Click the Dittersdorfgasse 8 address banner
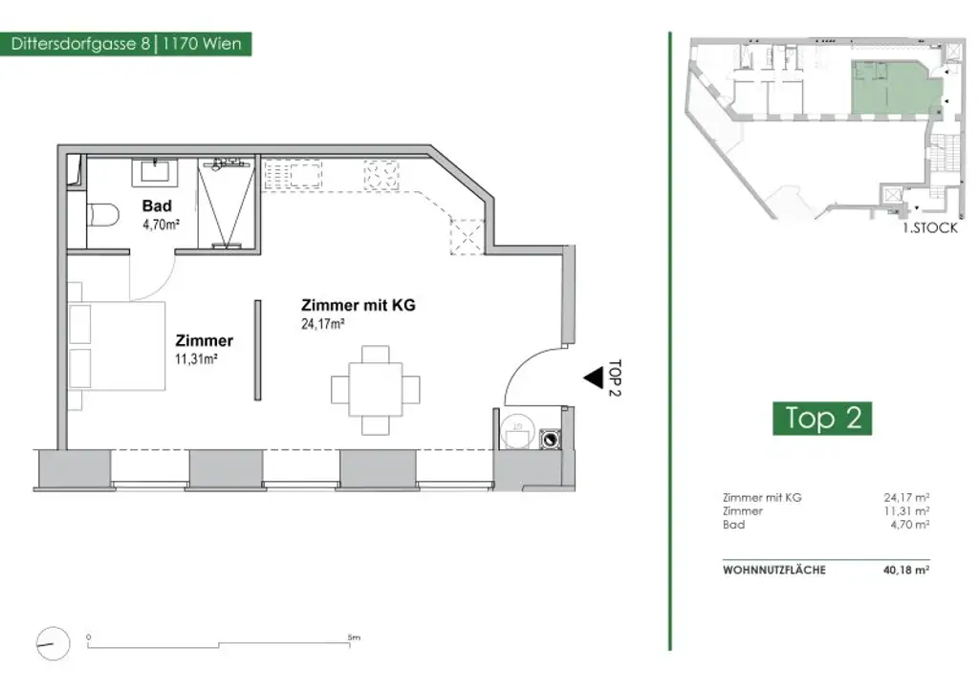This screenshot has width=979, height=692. tap(125, 44)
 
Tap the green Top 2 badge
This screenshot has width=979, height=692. tap(822, 418)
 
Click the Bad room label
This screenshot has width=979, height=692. tap(157, 205)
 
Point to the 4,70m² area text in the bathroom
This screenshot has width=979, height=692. tap(161, 225)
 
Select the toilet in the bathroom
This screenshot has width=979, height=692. tap(102, 216)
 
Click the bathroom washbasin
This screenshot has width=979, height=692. tap(155, 172)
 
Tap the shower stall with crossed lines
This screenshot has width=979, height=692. tap(226, 204)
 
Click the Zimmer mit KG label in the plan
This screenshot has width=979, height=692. tap(359, 305)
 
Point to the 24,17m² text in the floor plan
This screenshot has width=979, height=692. tap(323, 324)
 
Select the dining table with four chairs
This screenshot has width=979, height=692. tap(375, 390)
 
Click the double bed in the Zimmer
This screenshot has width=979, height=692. tap(117, 346)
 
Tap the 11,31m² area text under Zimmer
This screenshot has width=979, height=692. tap(196, 358)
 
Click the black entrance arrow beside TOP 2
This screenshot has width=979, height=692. tap(593, 378)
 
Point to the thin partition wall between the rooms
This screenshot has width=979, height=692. tap(257, 350)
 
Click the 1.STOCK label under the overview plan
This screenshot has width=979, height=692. tap(929, 227)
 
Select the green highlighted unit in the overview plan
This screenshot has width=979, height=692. tap(896, 88)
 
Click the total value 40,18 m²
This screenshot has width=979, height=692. tap(906, 570)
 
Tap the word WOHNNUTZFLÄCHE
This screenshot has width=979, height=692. tap(774, 571)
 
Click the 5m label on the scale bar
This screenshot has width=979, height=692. tap(354, 638)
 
